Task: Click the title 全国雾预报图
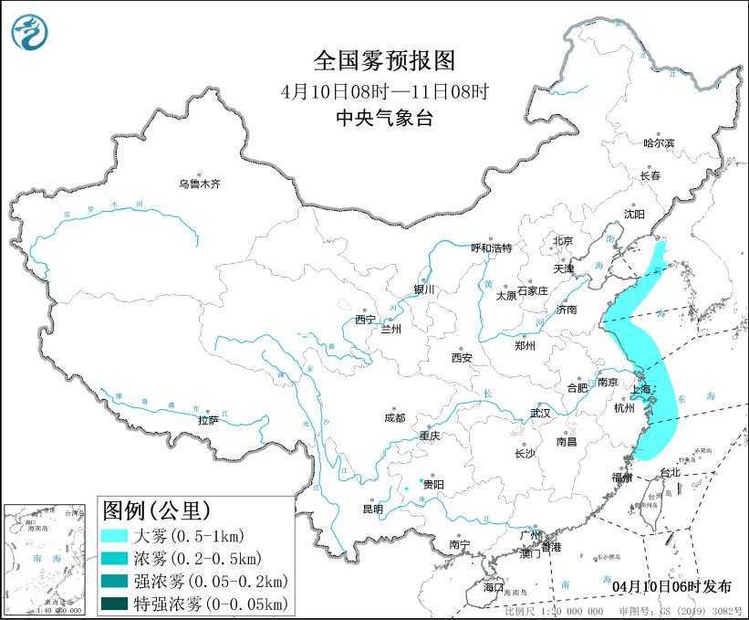383,60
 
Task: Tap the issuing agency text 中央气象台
383,117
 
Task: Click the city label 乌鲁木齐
200,184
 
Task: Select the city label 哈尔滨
659,143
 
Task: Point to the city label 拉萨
208,420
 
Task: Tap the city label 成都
394,418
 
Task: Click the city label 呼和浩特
492,248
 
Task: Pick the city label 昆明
373,509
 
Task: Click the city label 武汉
540,413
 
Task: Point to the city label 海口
494,586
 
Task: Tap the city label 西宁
365,320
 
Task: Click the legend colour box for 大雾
114,536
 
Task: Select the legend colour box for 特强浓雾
114,603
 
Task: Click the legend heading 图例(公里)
156,509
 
